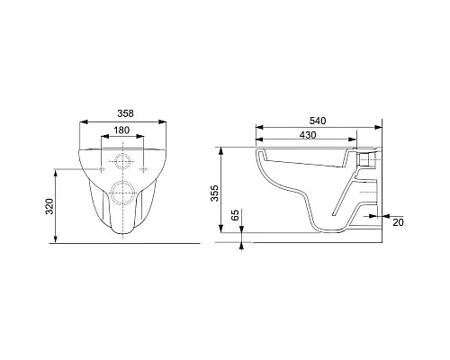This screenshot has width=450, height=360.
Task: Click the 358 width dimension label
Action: click(x=125, y=113)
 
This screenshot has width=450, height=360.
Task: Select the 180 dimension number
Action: click(x=121, y=130)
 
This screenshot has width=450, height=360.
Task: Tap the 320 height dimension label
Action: click(x=49, y=206)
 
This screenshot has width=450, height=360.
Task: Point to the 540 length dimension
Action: click(x=318, y=121)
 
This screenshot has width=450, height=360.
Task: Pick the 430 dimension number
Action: click(x=308, y=135)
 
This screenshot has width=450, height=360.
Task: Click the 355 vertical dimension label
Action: click(x=214, y=193)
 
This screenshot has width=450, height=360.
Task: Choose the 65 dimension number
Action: click(x=236, y=215)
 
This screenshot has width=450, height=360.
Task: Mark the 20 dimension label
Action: click(x=398, y=222)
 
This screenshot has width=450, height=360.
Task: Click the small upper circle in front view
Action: click(x=123, y=161)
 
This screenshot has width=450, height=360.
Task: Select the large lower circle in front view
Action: click(x=123, y=193)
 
